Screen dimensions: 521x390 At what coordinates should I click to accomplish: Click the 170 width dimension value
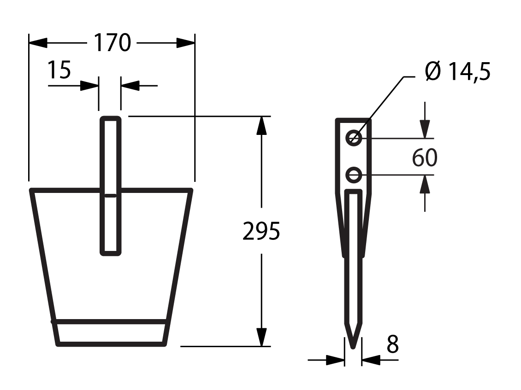coord(112,43)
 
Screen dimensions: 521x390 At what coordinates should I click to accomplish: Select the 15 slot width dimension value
coord(59,70)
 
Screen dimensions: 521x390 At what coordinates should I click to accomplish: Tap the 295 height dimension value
coord(261,231)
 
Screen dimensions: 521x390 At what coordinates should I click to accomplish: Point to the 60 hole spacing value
coord(425,157)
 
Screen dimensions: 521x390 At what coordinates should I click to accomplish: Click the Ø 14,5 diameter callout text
coord(457,71)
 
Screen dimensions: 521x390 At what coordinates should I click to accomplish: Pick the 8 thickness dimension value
coord(392,344)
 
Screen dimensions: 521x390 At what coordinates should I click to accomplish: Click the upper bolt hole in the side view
coord(354,138)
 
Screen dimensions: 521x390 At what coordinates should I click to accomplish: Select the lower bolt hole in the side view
coord(354,175)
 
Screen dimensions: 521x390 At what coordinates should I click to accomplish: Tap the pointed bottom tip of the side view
coord(353,348)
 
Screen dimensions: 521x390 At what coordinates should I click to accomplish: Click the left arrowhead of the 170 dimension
coord(38,43)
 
